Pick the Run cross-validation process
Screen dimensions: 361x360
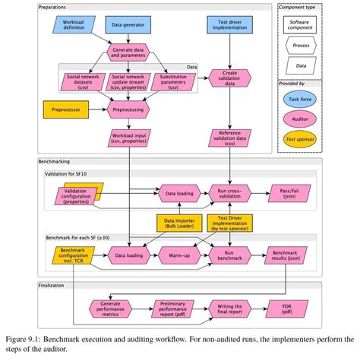231,194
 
